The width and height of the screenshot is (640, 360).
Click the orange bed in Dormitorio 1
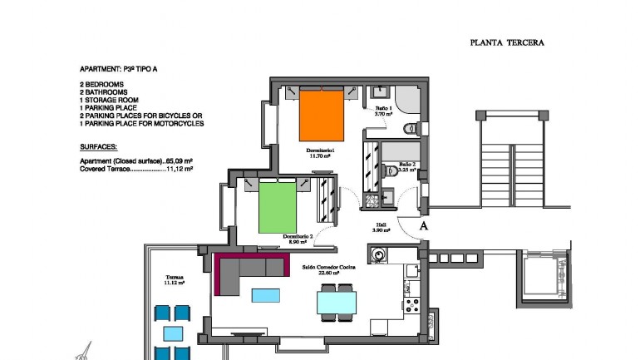pos(321,117)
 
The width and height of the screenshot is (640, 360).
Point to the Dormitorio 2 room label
pos(298,238)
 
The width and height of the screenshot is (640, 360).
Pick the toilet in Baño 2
pos(395,171)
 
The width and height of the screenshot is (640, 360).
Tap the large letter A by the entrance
pos(423,224)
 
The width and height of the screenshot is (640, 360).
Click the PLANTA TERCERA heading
pos(507,42)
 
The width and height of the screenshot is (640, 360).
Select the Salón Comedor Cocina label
pos(330,267)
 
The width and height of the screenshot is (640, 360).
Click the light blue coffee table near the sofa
pos(265,293)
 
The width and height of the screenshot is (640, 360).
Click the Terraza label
pos(174,278)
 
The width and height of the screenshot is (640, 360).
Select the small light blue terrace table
pos(174,333)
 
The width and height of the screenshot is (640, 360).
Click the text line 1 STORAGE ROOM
pos(110,100)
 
